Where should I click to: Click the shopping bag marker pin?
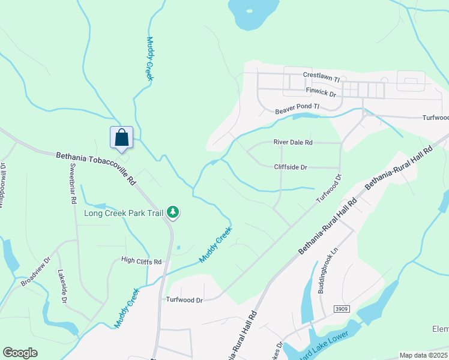(121, 137)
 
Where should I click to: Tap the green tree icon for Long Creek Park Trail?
(173, 212)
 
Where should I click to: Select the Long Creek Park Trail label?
(124, 212)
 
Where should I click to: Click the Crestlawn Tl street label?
(321, 78)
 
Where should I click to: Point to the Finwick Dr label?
(321, 92)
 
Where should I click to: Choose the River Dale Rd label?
(293, 142)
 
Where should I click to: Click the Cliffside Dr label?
(291, 167)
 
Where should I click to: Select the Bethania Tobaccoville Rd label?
(96, 167)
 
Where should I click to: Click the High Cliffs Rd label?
(142, 262)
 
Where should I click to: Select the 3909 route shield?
(342, 308)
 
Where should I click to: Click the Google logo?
(20, 353)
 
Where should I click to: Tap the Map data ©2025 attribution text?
(423, 355)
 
